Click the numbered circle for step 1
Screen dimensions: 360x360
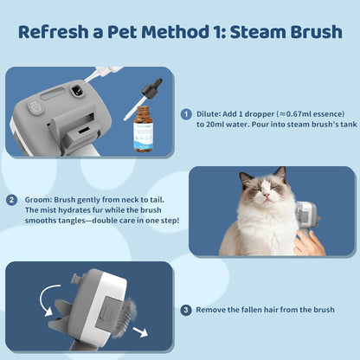tap(185, 113)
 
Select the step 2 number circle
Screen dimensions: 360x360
tap(12, 200)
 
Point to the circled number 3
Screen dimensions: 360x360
tap(185, 310)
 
